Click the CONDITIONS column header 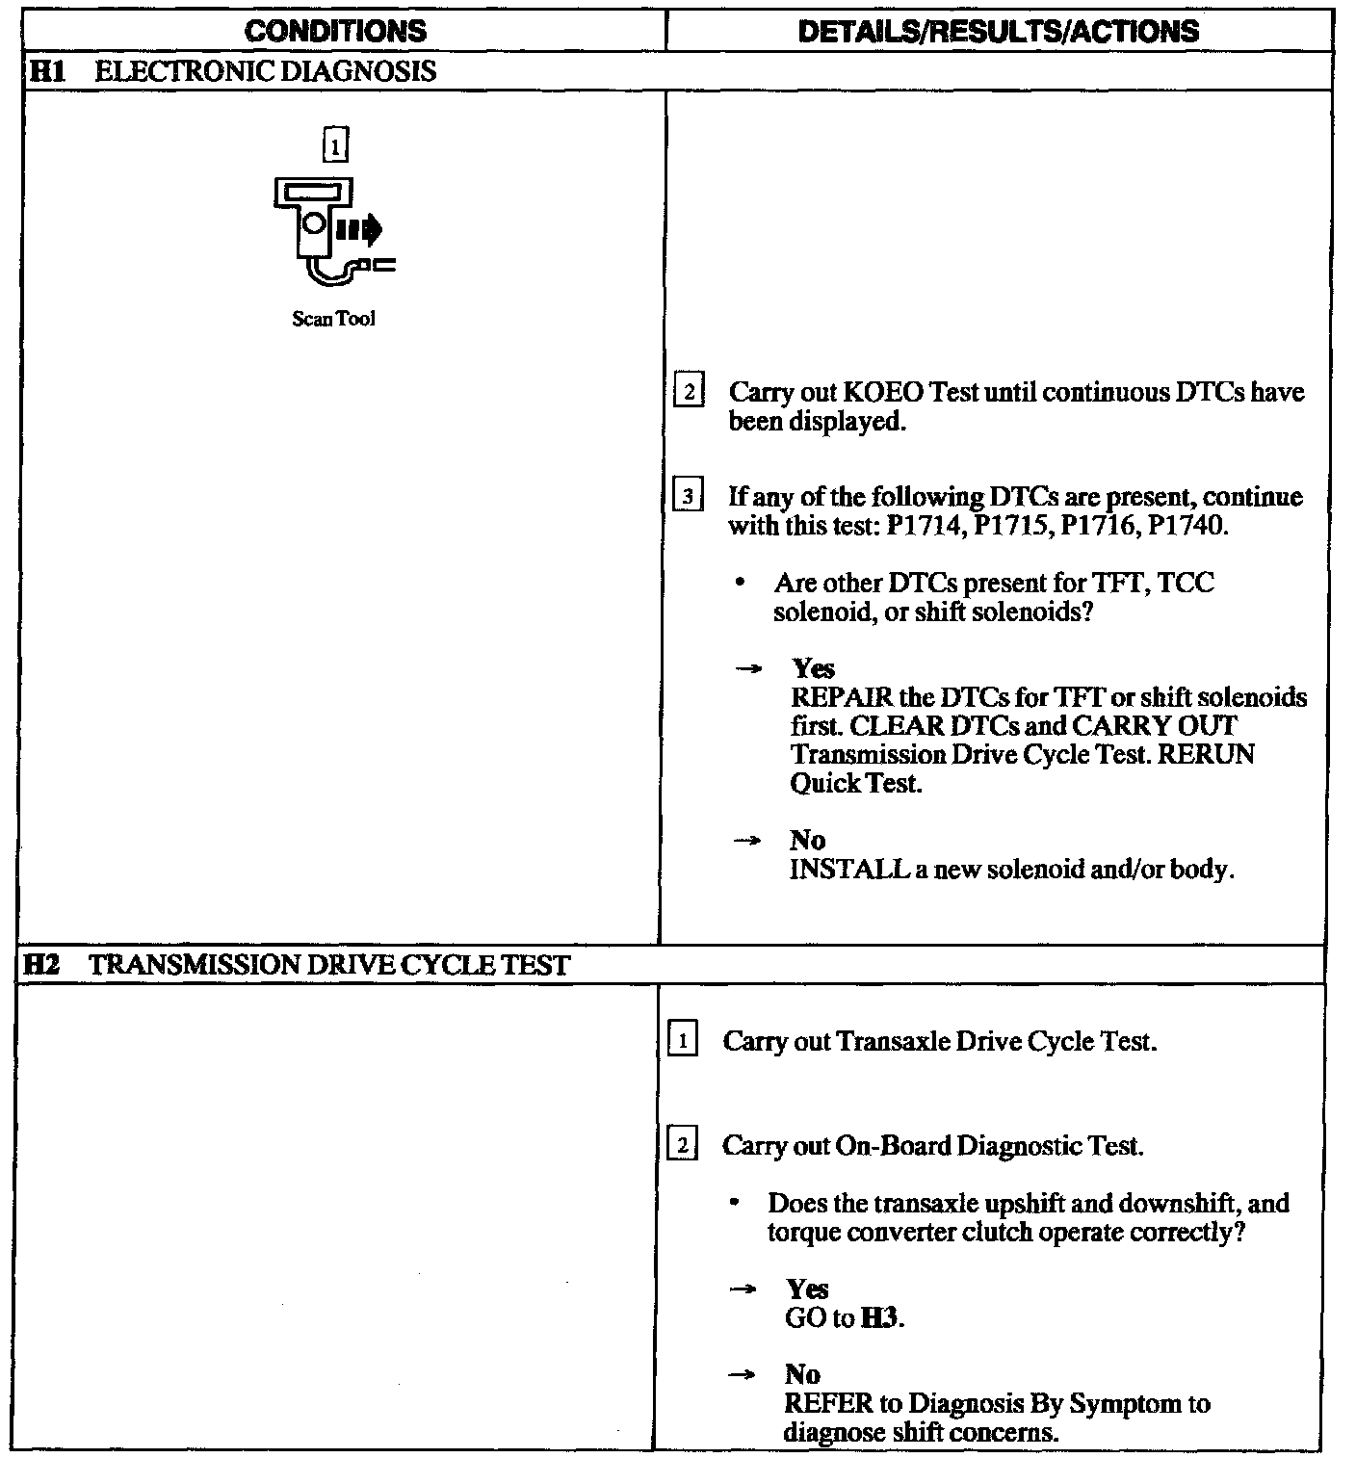(335, 31)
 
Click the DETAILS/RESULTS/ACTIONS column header (999, 31)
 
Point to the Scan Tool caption (333, 319)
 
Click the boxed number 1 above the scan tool (334, 144)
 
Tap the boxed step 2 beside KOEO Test (689, 393)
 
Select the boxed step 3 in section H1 (687, 498)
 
